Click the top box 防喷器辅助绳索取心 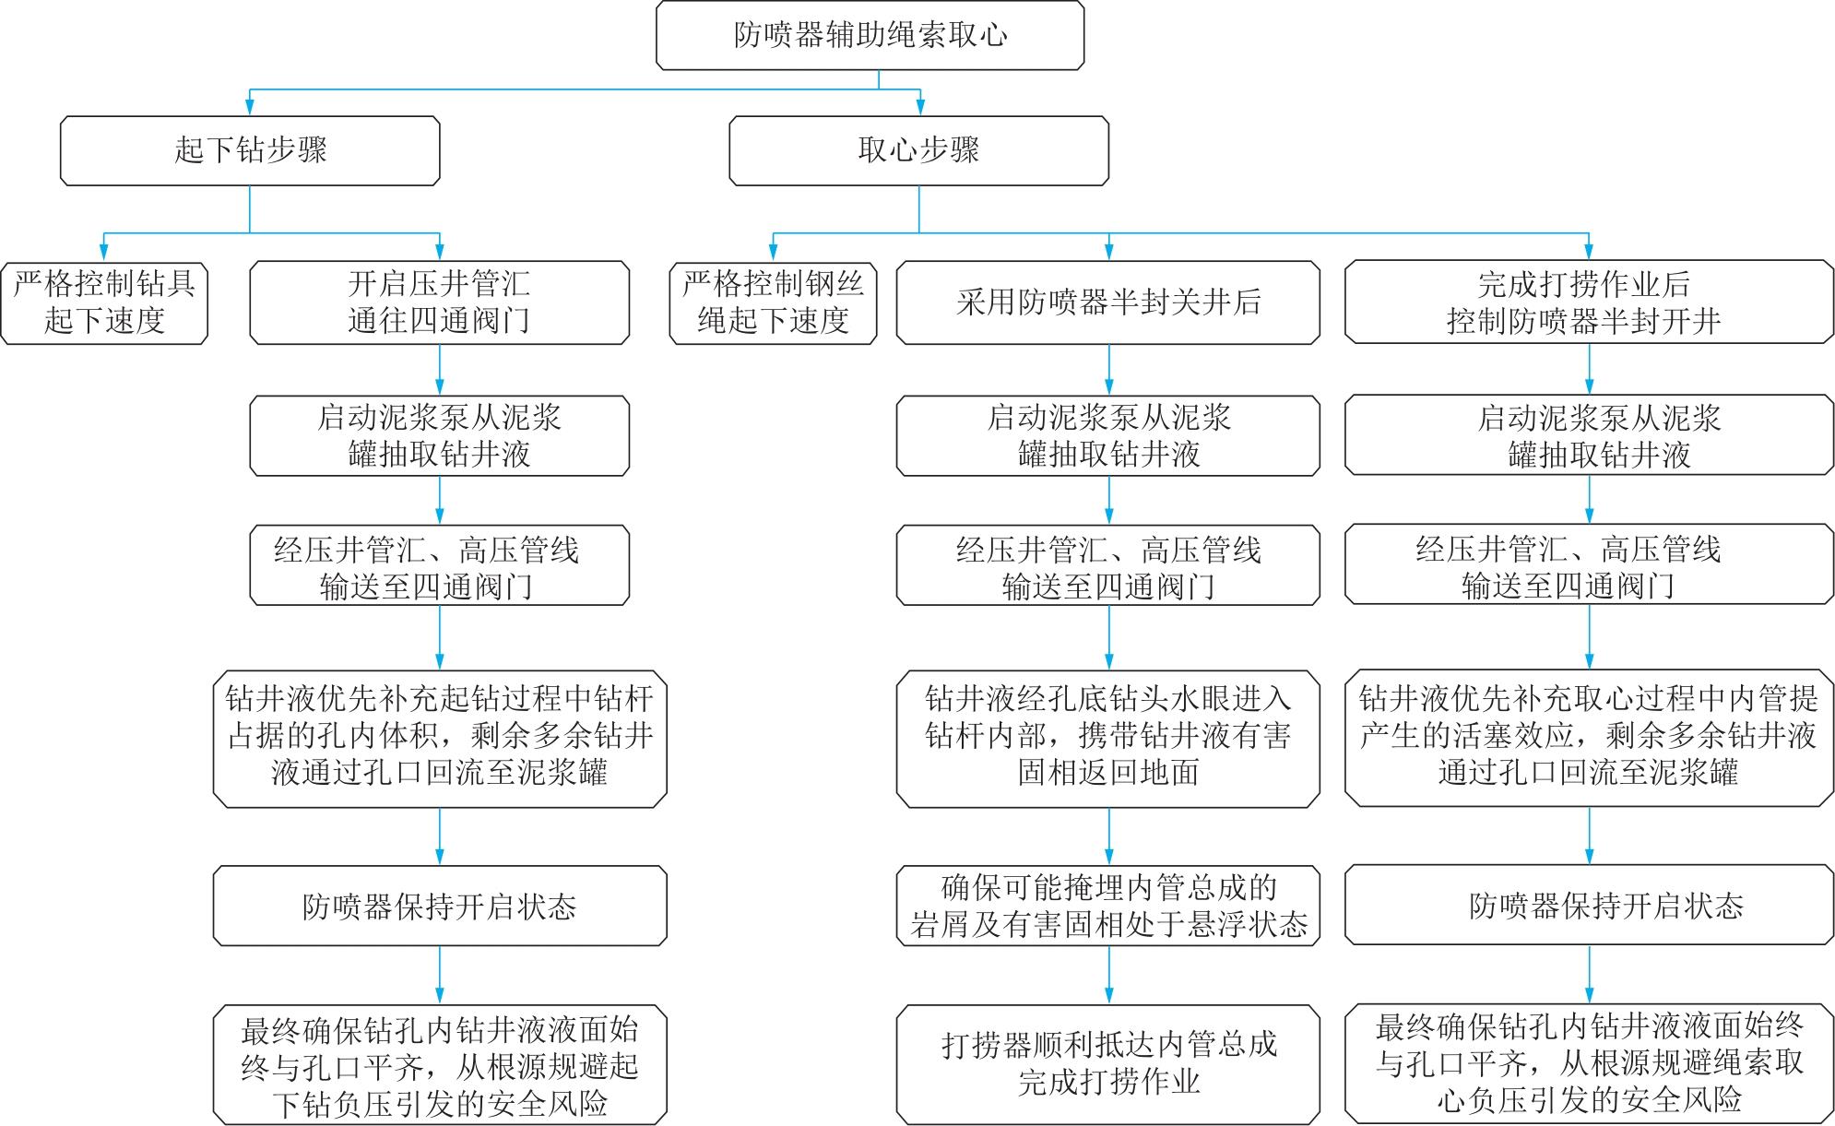click(x=870, y=35)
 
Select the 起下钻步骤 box click(x=250, y=150)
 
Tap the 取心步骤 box click(x=918, y=150)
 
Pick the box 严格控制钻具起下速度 click(x=104, y=302)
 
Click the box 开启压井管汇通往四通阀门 click(x=439, y=302)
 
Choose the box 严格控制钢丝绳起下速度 click(x=773, y=302)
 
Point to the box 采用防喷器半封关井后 click(x=1108, y=302)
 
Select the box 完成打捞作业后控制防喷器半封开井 click(x=1589, y=302)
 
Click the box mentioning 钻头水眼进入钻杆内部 click(x=1108, y=741)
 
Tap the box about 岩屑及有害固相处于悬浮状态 click(x=1108, y=906)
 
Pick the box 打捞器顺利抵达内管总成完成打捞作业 click(x=1108, y=1065)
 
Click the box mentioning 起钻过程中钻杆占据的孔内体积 click(x=440, y=741)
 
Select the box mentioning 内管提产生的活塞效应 click(x=1589, y=741)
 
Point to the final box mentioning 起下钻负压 click(x=440, y=1065)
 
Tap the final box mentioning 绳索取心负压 click(x=1589, y=1065)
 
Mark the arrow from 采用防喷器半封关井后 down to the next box click(x=1108, y=370)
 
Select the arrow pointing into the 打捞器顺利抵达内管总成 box click(x=1108, y=976)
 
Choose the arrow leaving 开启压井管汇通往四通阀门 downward click(x=439, y=370)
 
